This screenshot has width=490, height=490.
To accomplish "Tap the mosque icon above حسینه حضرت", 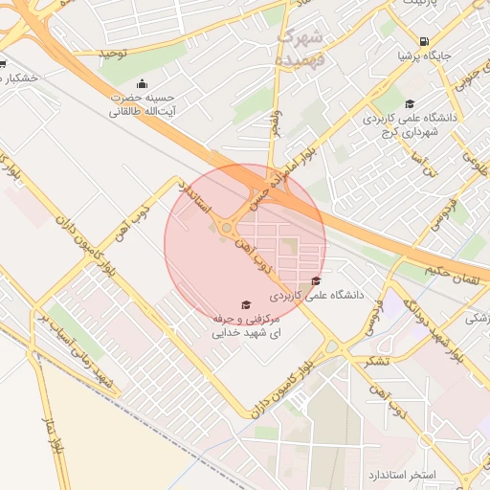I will tap(143, 83).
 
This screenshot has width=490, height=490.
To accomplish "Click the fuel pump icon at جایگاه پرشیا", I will tap(424, 41).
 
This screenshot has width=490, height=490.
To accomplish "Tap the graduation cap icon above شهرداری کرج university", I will tap(411, 104).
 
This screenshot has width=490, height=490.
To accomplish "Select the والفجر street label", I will tap(278, 122).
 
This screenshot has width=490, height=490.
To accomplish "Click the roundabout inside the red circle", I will tap(228, 227).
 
